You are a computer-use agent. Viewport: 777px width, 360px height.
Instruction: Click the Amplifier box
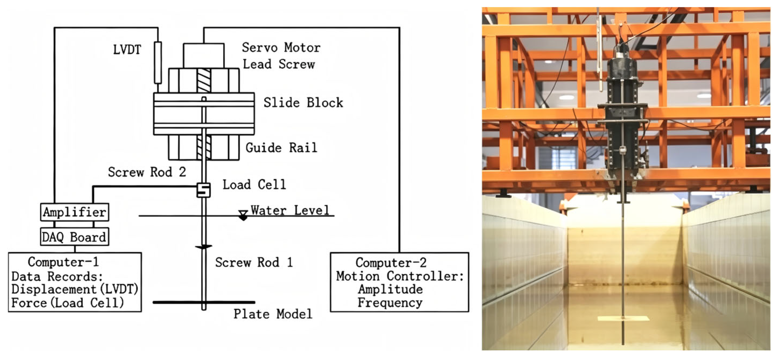tap(75, 212)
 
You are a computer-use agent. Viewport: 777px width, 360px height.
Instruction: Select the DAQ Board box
tap(75, 237)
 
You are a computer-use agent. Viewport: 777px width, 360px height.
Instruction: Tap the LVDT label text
tap(127, 50)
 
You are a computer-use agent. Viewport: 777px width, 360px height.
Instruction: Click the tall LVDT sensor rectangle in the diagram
tap(158, 62)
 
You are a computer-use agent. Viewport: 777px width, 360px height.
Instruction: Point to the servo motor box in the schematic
tap(204, 55)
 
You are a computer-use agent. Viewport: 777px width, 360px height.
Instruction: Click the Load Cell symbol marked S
tap(204, 190)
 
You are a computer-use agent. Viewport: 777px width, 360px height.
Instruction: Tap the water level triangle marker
tap(243, 215)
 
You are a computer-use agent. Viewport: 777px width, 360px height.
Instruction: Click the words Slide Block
tap(303, 103)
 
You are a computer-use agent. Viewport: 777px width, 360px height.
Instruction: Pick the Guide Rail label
tap(281, 148)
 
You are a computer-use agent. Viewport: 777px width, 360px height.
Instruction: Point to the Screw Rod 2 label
tap(147, 172)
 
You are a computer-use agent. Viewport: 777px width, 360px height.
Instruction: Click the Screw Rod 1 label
tap(254, 262)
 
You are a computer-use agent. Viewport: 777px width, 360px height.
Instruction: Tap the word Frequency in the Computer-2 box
tap(390, 303)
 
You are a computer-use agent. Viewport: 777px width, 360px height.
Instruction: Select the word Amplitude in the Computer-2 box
tap(390, 289)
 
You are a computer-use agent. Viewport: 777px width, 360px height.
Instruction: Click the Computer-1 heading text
tap(63, 262)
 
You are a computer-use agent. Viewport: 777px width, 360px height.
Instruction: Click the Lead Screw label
tap(279, 64)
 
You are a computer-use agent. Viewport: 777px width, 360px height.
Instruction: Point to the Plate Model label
tap(273, 314)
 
